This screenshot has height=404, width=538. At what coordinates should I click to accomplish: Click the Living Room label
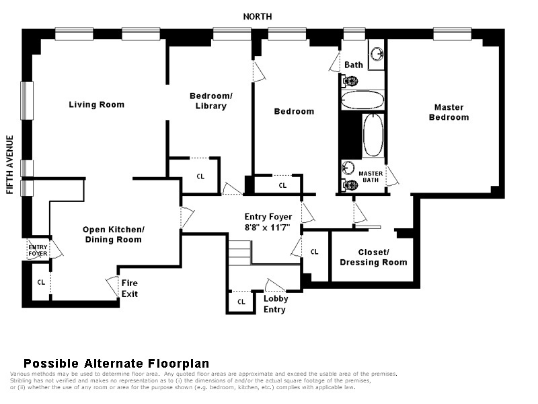click(x=96, y=104)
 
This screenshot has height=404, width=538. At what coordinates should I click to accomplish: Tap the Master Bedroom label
click(x=449, y=112)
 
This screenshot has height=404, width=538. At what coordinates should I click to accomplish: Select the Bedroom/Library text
click(x=211, y=100)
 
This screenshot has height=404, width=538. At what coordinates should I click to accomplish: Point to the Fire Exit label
click(x=130, y=289)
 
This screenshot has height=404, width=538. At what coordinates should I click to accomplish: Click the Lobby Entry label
click(x=276, y=304)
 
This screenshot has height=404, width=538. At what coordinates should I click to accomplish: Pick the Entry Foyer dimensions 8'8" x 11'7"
click(x=268, y=228)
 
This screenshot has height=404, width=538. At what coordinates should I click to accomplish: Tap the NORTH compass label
click(x=258, y=16)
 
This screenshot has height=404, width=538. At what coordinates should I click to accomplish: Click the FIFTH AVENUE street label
click(x=10, y=164)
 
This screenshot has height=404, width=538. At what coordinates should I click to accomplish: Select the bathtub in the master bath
click(x=373, y=135)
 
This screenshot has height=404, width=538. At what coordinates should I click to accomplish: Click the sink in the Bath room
click(x=377, y=54)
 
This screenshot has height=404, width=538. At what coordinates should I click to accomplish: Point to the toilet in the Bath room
click(x=350, y=81)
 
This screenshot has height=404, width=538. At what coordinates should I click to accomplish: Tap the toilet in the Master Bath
click(x=350, y=185)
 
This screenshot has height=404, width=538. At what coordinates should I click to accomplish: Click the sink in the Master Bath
click(x=348, y=168)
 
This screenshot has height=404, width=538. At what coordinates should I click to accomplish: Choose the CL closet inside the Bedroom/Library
click(x=200, y=176)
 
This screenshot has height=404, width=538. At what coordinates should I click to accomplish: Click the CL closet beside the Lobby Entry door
click(x=241, y=302)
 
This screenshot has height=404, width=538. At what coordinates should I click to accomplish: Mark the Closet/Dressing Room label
click(x=373, y=257)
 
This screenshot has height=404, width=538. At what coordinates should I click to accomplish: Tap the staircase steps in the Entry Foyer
click(x=240, y=253)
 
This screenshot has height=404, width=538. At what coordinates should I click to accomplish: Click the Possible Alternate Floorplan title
click(x=116, y=364)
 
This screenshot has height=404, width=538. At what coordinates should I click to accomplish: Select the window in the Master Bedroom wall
click(x=452, y=34)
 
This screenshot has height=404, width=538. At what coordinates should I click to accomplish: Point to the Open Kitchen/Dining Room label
click(x=113, y=234)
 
